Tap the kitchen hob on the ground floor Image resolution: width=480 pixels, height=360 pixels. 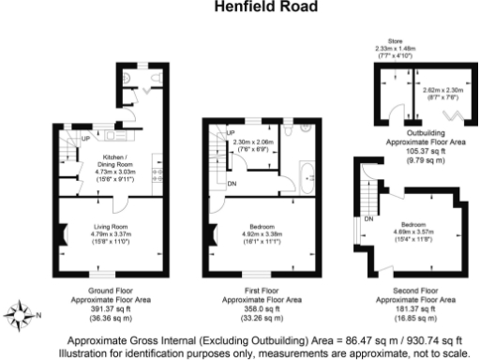coord(156,173)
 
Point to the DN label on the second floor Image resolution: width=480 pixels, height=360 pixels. coord(368,217)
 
